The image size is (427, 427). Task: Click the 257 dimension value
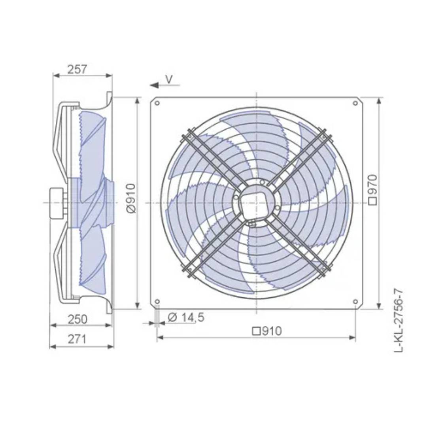tap(77, 70)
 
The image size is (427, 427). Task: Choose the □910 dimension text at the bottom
tap(267, 331)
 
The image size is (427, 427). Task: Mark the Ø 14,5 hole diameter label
tap(186, 317)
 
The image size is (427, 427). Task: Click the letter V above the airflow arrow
tap(169, 79)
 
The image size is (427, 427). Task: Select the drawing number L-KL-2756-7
tap(400, 321)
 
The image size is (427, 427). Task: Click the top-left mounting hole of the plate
tap(157, 104)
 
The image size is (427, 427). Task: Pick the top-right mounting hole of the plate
tap(355, 104)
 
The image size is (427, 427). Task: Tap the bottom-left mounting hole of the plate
tap(157, 302)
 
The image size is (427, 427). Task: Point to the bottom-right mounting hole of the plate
tap(355, 302)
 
